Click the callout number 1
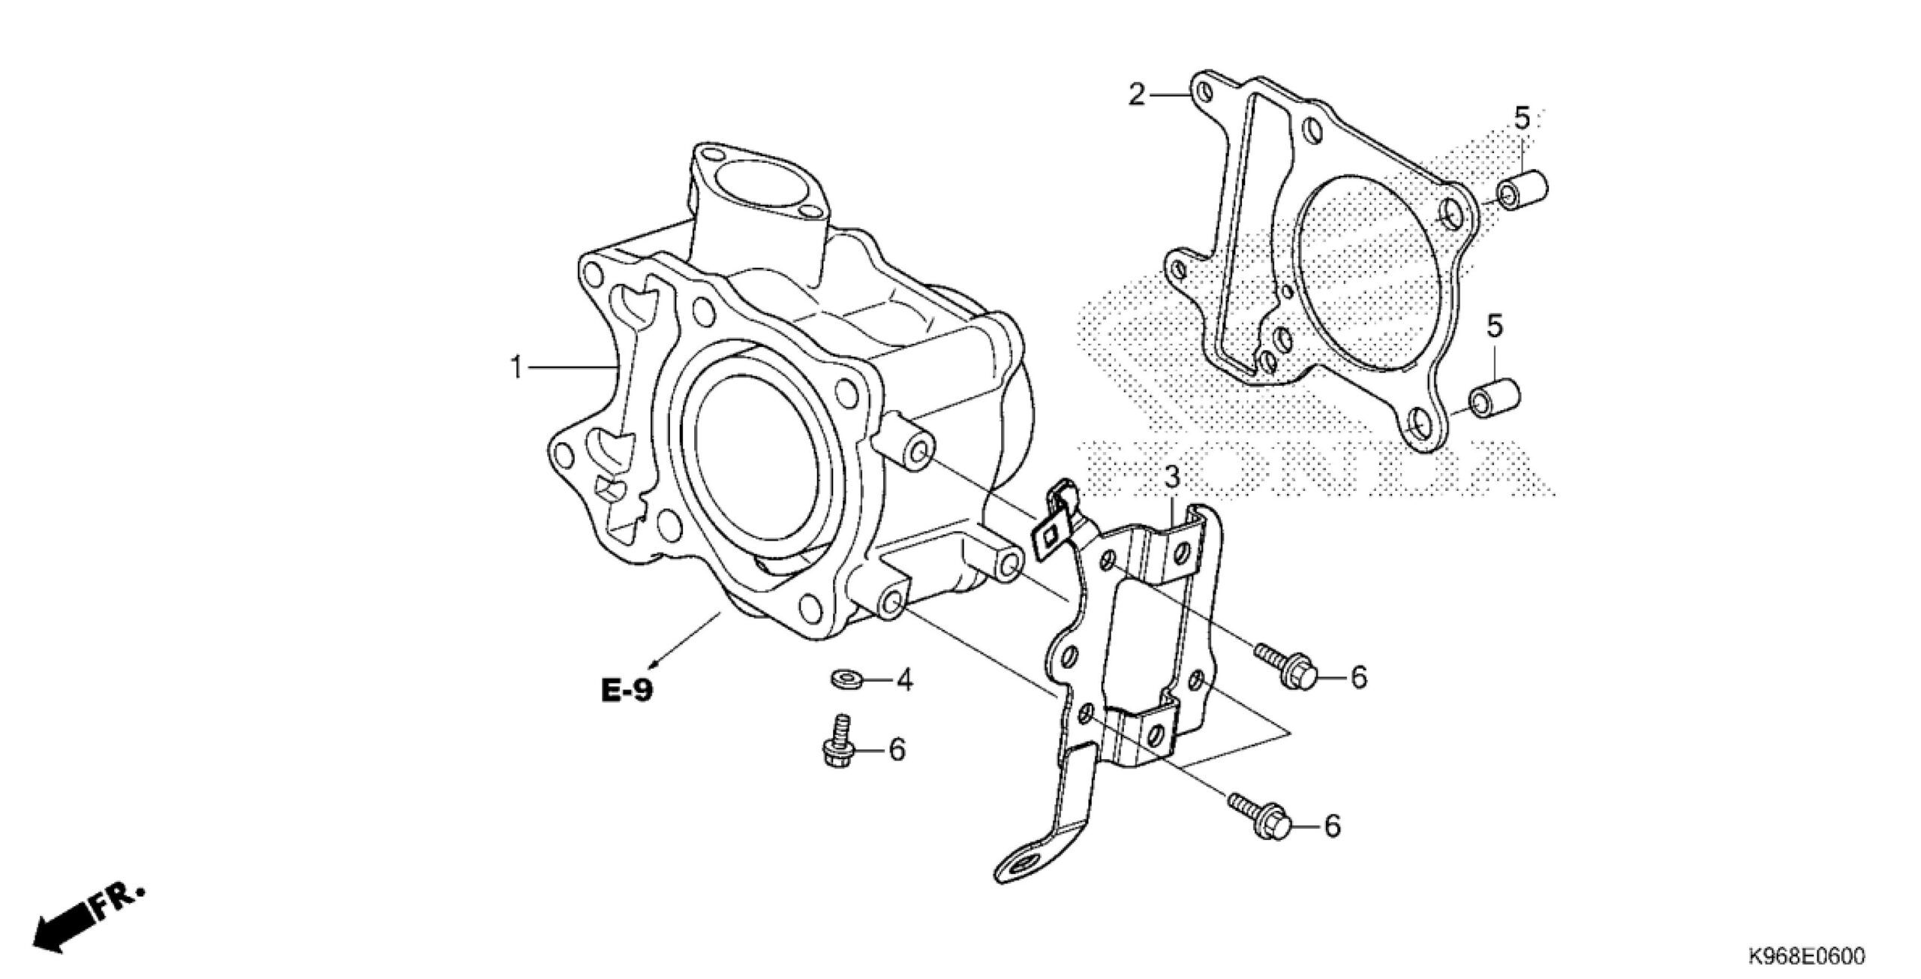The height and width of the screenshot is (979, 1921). (516, 368)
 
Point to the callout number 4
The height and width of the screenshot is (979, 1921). (904, 680)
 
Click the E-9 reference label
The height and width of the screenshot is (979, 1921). (627, 689)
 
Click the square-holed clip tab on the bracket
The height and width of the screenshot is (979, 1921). (1051, 535)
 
